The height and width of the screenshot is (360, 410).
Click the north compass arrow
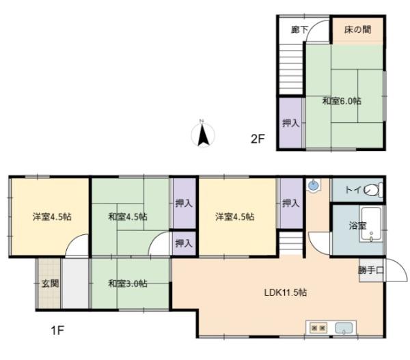pyautogui.click(x=203, y=136)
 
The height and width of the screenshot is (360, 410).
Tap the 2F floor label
pyautogui.click(x=258, y=139)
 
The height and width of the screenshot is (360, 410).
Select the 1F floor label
pyautogui.click(x=57, y=331)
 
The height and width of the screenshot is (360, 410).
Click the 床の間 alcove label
pyautogui.click(x=357, y=29)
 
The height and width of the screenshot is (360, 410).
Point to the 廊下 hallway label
pyautogui.click(x=299, y=29)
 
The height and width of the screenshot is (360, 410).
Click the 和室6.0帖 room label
pyautogui.click(x=342, y=101)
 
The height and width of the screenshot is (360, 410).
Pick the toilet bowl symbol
pyautogui.click(x=374, y=190)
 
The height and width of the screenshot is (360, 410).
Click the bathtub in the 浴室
pyautogui.click(x=371, y=224)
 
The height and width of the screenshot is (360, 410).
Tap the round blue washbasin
pyautogui.click(x=313, y=186)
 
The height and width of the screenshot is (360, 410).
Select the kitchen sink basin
pyautogui.click(x=344, y=328)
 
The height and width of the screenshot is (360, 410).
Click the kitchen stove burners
pyautogui.click(x=318, y=328)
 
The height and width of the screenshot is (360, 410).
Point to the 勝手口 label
pyautogui.click(x=371, y=271)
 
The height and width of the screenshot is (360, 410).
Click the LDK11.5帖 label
pyautogui.click(x=286, y=292)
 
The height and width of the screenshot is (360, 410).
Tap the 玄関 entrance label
pyautogui.click(x=50, y=283)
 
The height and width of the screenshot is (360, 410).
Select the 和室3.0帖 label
pyautogui.click(x=128, y=283)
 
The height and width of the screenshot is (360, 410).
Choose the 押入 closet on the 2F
pyautogui.click(x=291, y=123)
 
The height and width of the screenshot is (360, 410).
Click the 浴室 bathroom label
pyautogui.click(x=357, y=225)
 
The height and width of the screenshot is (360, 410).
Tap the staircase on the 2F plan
pyautogui.click(x=291, y=69)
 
